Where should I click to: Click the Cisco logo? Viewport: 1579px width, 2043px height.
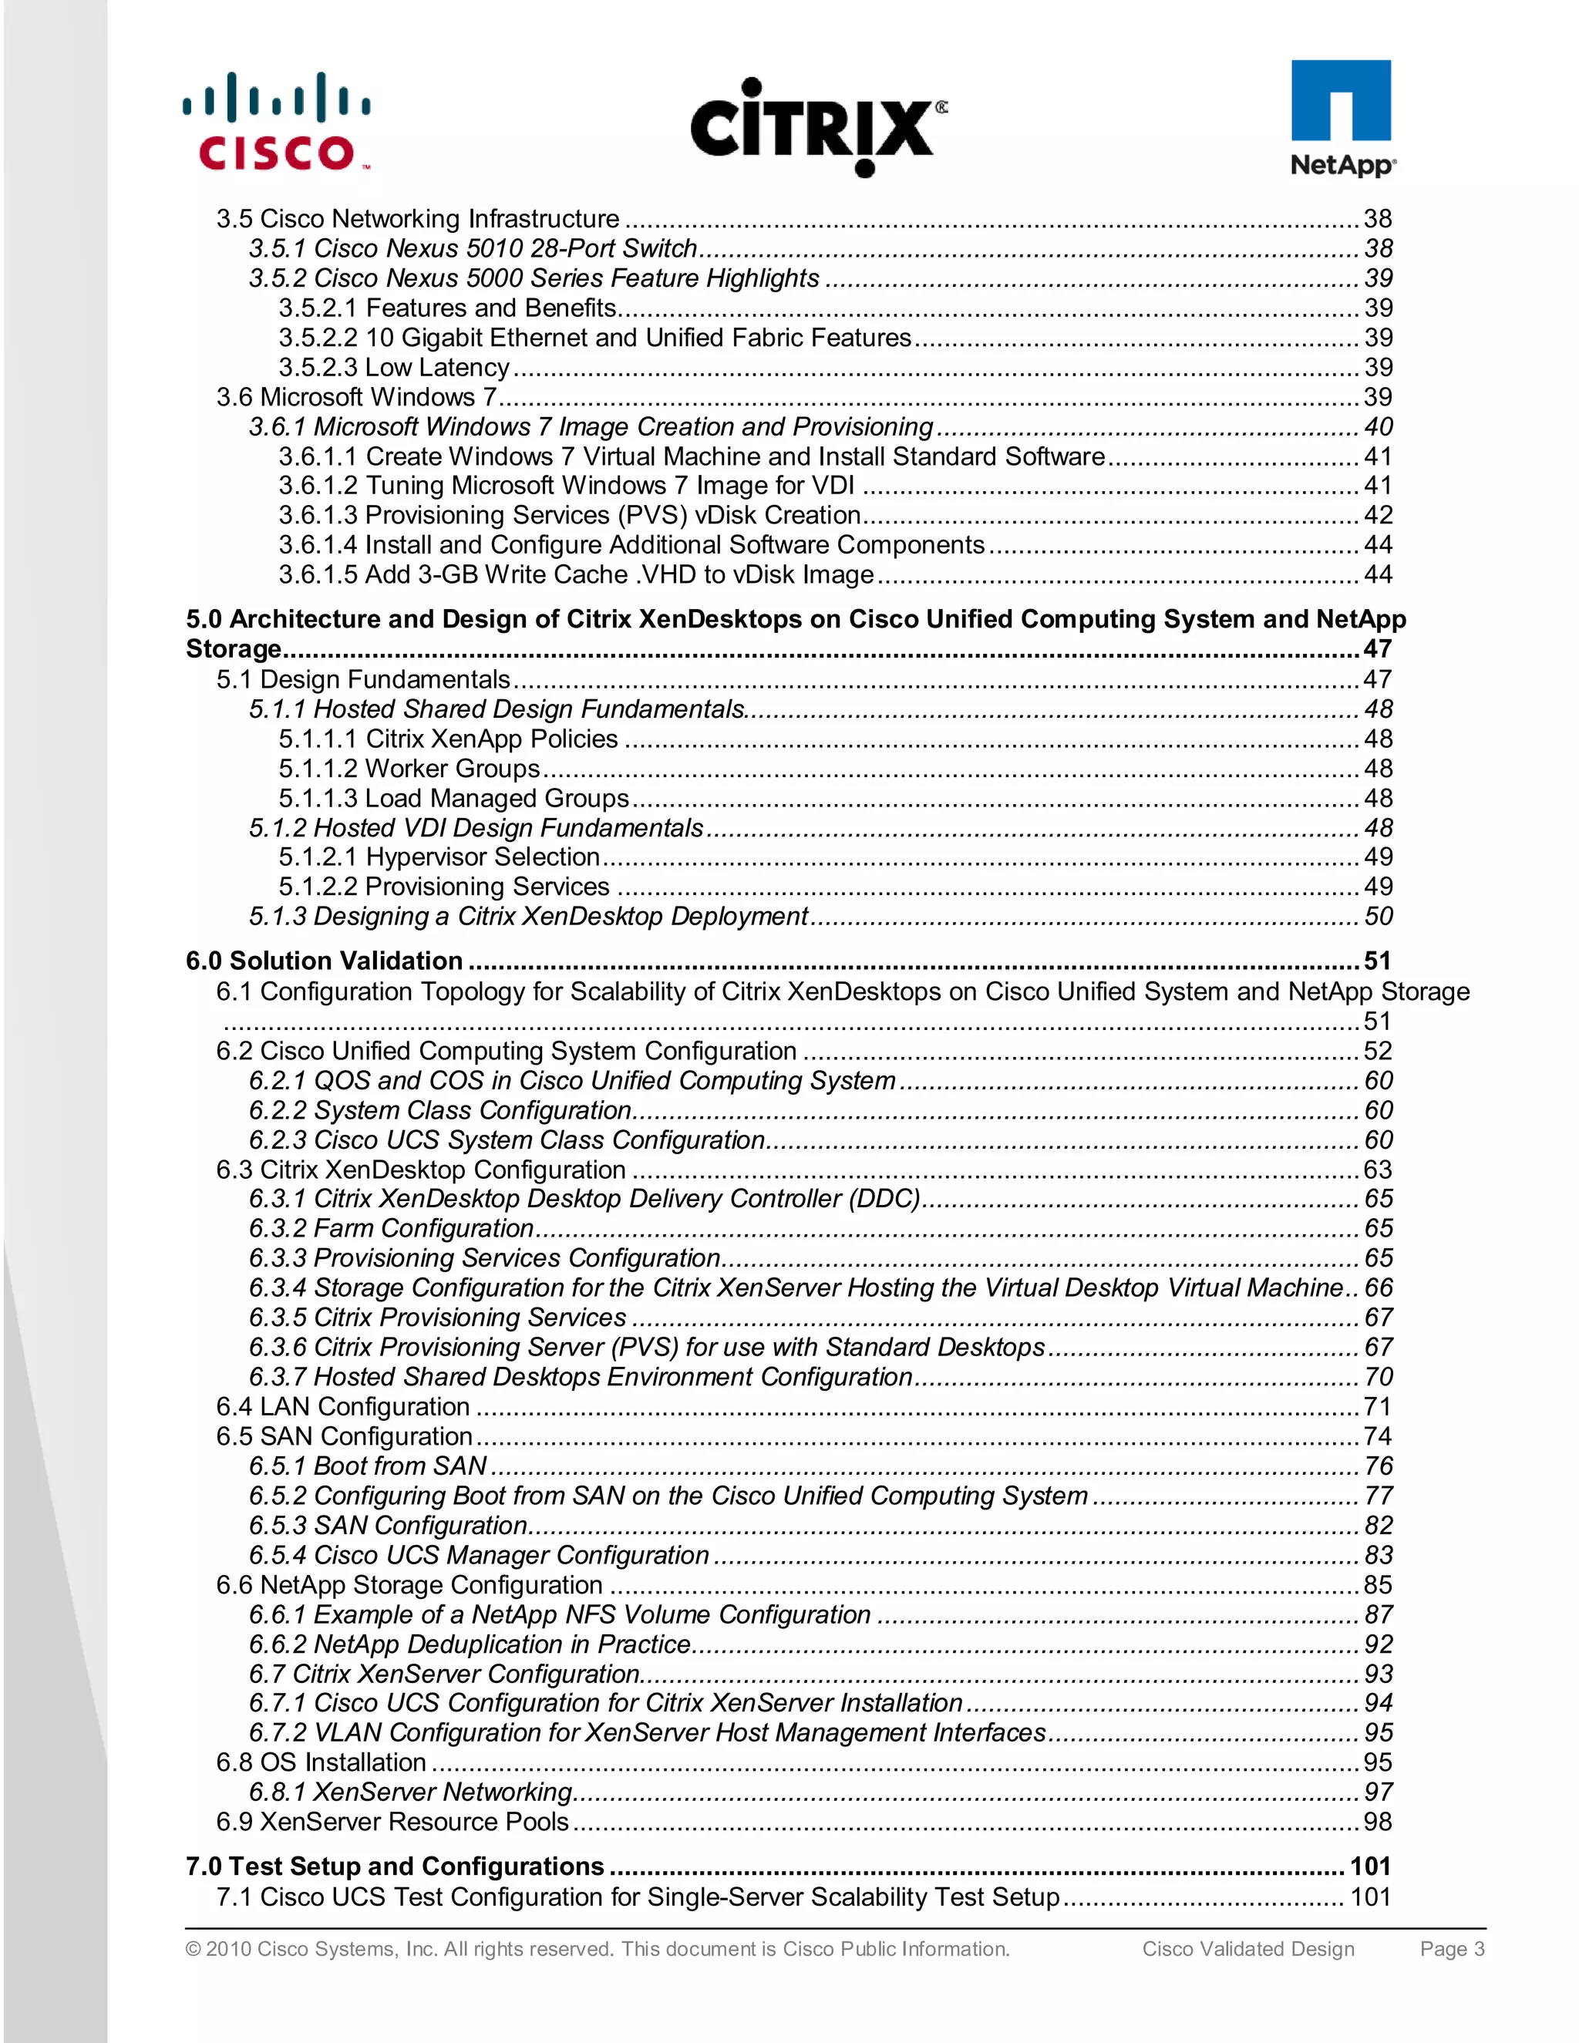click(x=276, y=122)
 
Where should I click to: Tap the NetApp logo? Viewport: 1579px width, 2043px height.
click(x=1342, y=118)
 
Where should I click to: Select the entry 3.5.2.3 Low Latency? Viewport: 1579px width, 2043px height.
click(x=394, y=367)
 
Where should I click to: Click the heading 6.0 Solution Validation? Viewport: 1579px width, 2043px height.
click(x=324, y=961)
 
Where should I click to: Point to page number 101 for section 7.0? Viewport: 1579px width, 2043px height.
click(x=1370, y=1866)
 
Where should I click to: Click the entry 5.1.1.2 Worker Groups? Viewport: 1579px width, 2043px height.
click(x=409, y=768)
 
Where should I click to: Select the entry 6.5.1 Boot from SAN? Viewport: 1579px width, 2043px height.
click(x=368, y=1466)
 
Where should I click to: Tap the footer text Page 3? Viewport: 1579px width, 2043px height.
click(x=1452, y=1948)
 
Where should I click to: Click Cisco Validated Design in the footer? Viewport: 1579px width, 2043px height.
click(x=1248, y=1948)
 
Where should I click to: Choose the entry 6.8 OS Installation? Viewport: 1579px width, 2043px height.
click(x=321, y=1762)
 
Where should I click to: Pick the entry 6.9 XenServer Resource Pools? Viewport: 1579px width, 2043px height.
click(x=392, y=1821)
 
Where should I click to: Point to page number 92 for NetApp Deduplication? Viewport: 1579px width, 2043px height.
click(x=1378, y=1644)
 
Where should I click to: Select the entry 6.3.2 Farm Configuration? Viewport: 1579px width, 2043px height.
click(x=391, y=1228)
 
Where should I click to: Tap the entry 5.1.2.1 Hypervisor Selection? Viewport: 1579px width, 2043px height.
click(x=439, y=857)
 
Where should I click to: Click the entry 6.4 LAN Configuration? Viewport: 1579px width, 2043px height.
click(x=342, y=1407)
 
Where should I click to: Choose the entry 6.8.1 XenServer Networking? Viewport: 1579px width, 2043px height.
click(x=411, y=1792)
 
